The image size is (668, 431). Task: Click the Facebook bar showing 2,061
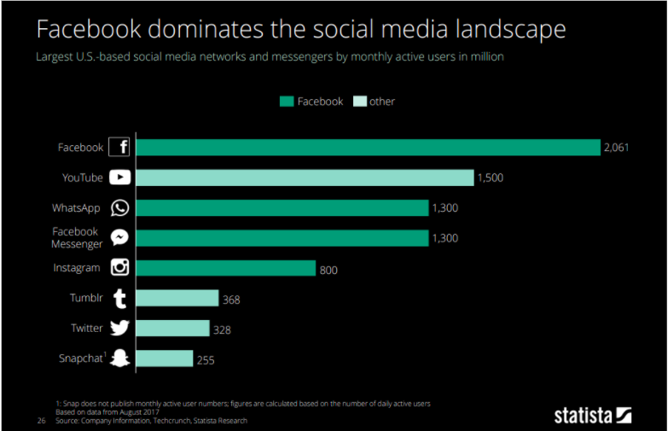click(368, 148)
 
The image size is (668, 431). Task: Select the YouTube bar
click(305, 178)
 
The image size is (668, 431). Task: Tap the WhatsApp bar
click(282, 208)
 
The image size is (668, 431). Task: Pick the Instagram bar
click(225, 268)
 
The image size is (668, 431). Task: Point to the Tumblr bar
click(177, 298)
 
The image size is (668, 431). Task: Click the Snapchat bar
click(164, 358)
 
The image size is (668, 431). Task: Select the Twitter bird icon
click(119, 329)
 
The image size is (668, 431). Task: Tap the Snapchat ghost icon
click(119, 358)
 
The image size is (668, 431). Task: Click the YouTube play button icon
click(119, 178)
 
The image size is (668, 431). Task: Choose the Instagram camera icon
click(119, 268)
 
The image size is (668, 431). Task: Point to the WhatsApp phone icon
click(119, 208)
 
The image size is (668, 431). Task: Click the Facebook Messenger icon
click(119, 238)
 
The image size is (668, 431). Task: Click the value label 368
click(231, 300)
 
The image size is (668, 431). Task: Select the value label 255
click(206, 359)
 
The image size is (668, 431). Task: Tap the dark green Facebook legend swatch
click(287, 102)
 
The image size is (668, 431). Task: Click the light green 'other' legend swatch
click(359, 102)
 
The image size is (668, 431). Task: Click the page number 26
click(40, 421)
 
